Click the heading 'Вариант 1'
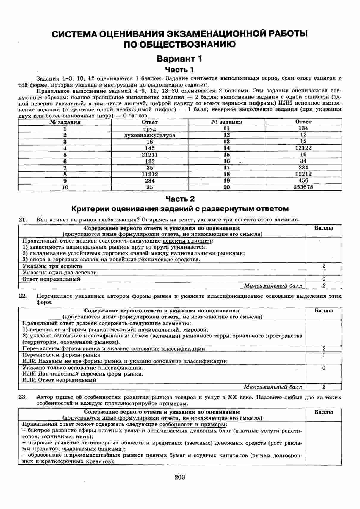[x=179, y=59]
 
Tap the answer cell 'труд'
[x=150, y=129]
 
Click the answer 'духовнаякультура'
[x=150, y=135]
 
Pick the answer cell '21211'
[x=150, y=155]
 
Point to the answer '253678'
[x=303, y=187]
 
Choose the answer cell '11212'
[x=150, y=174]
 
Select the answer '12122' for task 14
[x=303, y=148]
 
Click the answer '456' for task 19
[x=303, y=180]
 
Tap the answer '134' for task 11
[x=303, y=128]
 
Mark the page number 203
[x=180, y=477]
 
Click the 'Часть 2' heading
[x=180, y=199]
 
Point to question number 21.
[x=23, y=220]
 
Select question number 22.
[x=23, y=296]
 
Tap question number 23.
[x=23, y=397]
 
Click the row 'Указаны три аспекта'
[x=52, y=266]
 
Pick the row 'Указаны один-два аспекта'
[x=60, y=273]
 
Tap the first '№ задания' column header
[x=65, y=122]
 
